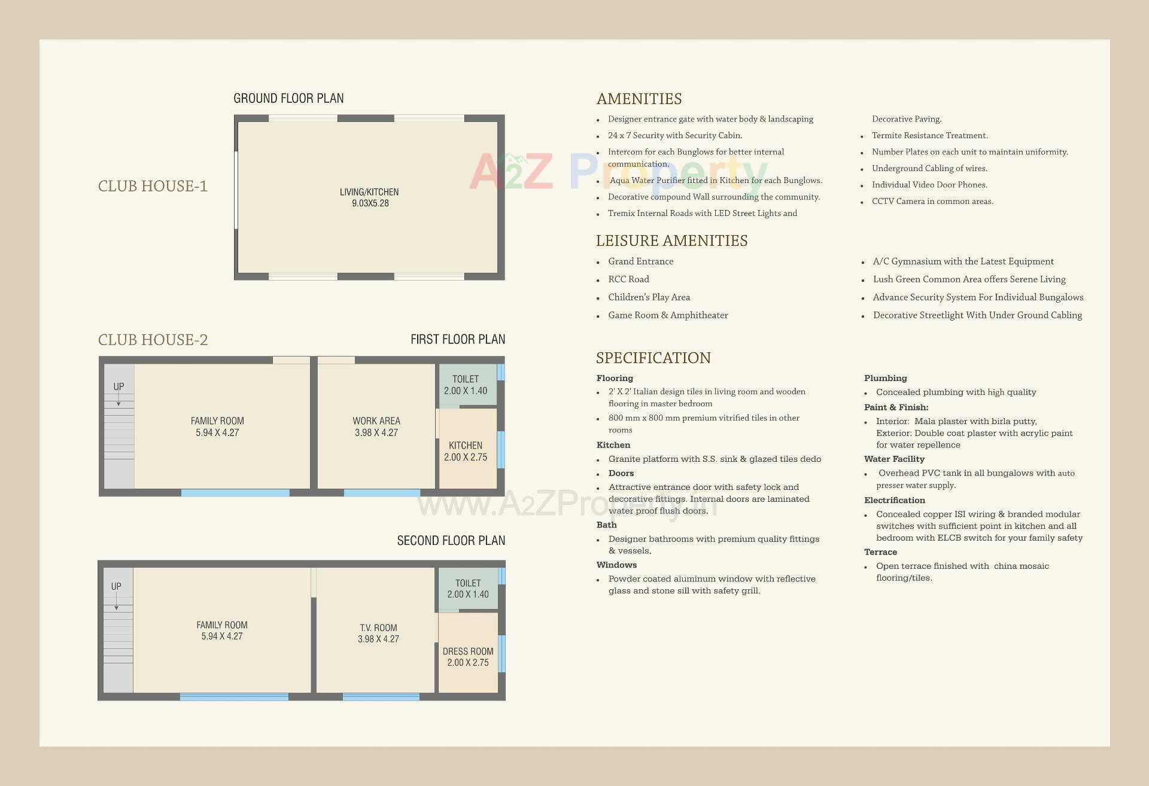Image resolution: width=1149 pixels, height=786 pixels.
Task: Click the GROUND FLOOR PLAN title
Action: [288, 98]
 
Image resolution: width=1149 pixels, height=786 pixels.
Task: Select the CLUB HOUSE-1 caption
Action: [153, 186]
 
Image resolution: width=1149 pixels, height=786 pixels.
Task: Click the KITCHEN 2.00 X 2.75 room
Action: [466, 451]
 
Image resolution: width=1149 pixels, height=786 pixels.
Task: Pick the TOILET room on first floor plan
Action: [466, 385]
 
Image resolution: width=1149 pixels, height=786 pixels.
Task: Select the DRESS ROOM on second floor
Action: [468, 656]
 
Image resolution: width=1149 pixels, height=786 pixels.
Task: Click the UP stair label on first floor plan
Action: [118, 387]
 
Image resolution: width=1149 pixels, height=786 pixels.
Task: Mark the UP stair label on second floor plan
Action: [116, 587]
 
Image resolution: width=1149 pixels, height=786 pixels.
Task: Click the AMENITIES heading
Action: [639, 99]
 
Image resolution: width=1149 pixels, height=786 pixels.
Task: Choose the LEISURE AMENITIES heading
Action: [671, 241]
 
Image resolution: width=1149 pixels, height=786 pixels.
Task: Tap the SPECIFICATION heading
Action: [653, 358]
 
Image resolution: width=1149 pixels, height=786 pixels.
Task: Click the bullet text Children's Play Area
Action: [649, 297]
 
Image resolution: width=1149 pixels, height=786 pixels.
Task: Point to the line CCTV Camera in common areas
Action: [932, 202]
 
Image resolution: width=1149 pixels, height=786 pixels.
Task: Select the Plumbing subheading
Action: [885, 378]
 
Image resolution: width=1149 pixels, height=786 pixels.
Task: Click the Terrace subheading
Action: [880, 552]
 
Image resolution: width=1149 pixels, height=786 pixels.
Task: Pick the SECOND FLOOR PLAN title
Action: [451, 541]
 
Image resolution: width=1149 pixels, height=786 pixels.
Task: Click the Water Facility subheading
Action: [894, 459]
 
